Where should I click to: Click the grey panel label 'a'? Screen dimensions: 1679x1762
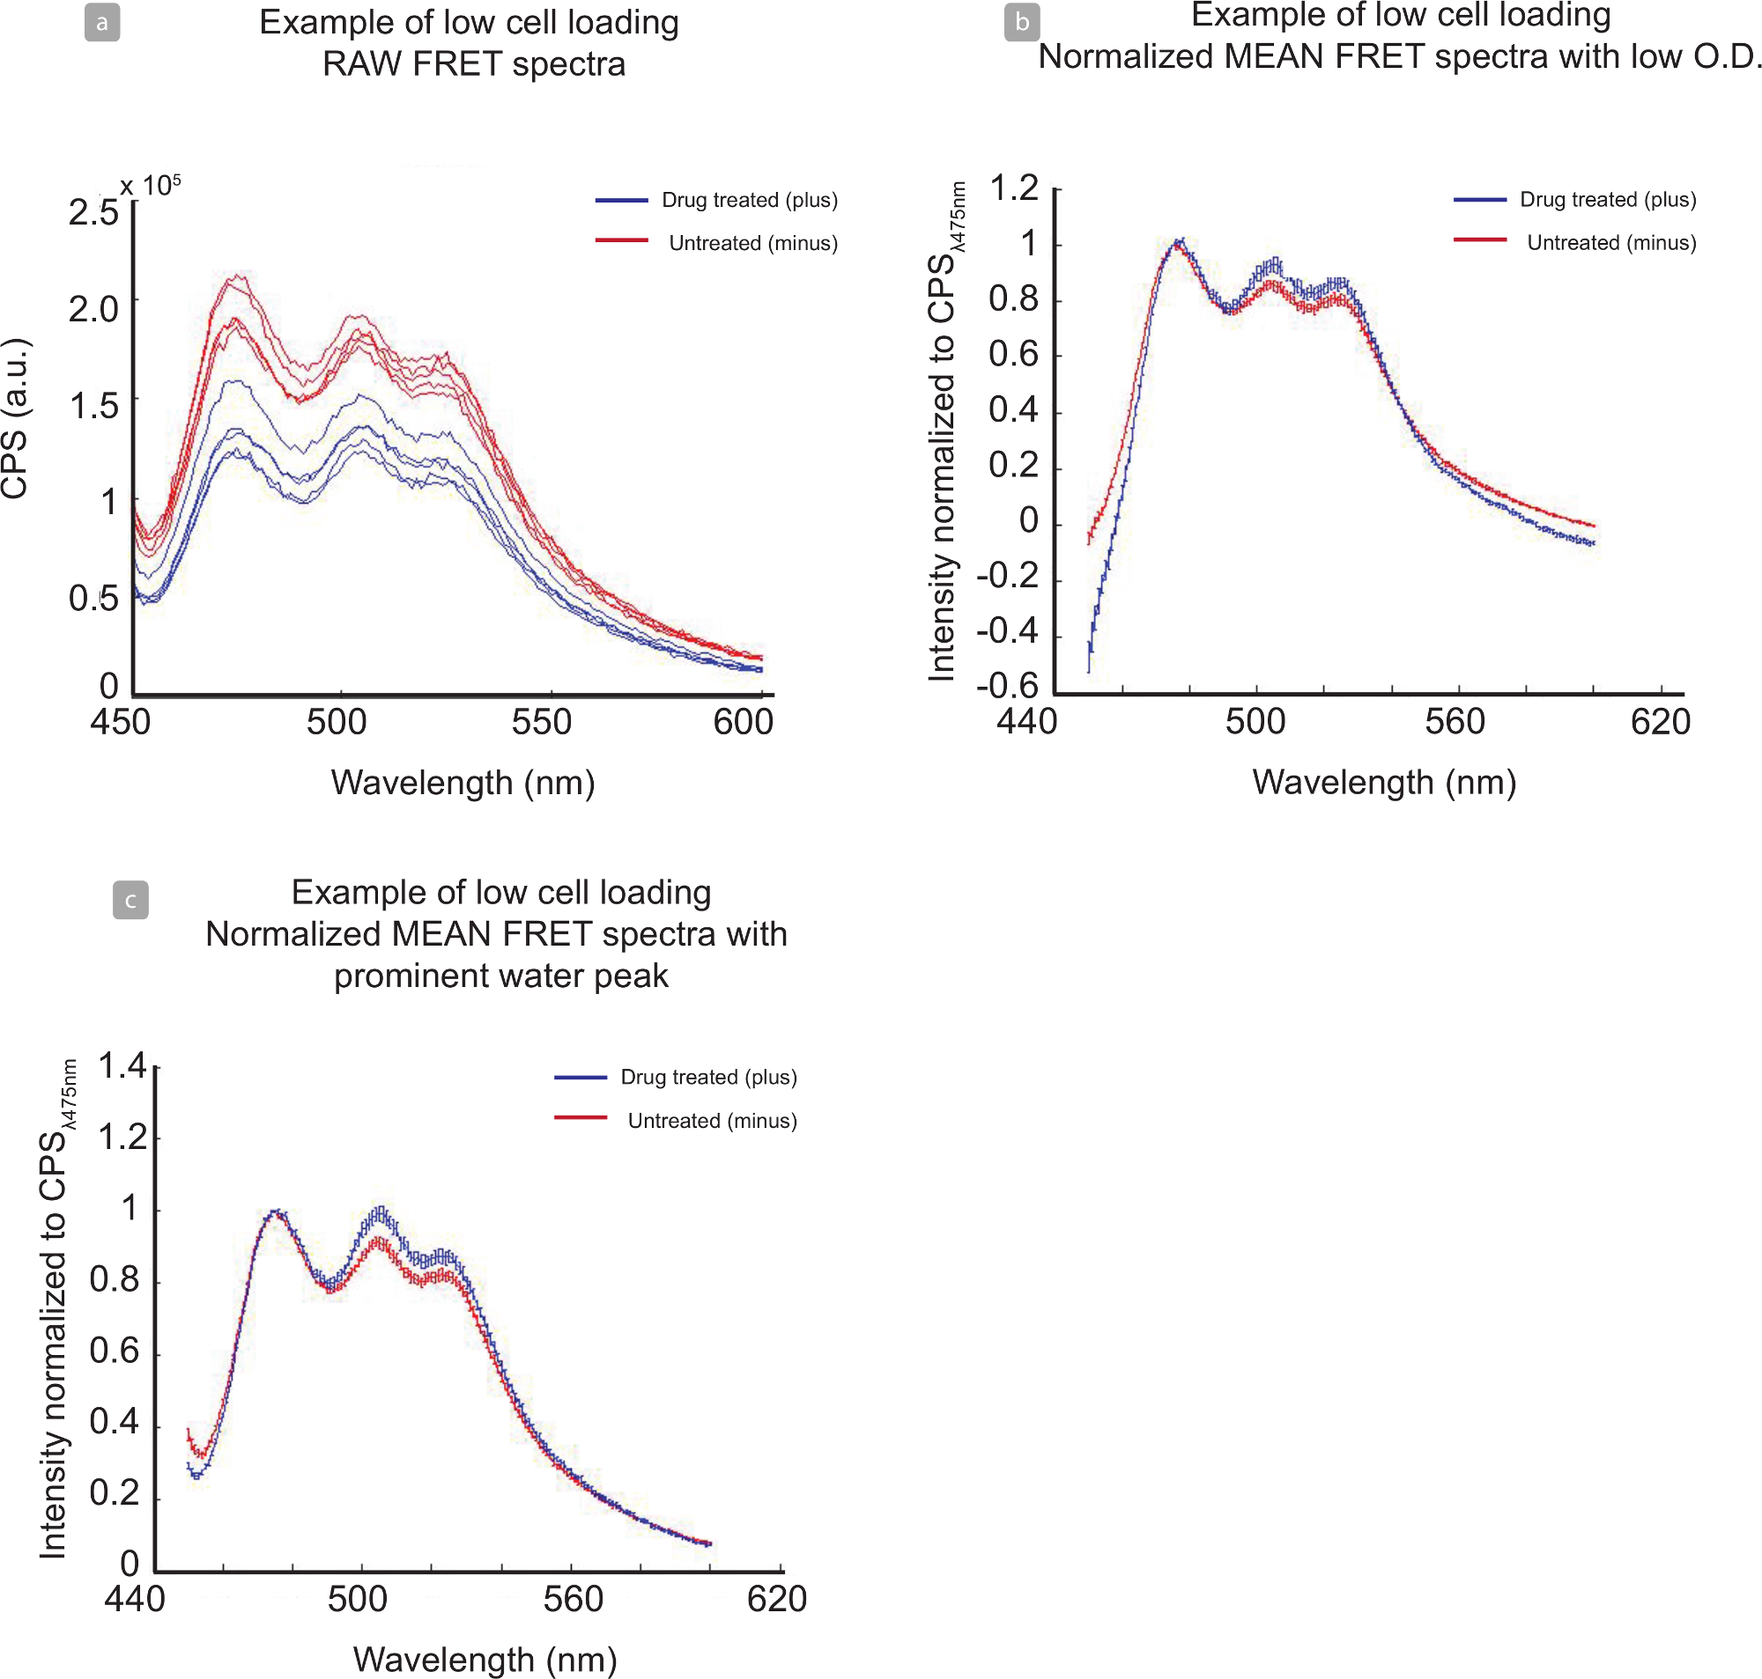(102, 22)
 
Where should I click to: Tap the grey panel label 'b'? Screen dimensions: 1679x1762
(1022, 22)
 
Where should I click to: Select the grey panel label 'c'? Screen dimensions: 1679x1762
(130, 900)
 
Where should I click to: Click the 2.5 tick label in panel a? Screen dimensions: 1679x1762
(93, 213)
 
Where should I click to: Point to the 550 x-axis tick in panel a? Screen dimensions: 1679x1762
(542, 722)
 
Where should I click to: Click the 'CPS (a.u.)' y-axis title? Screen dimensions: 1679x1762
(15, 419)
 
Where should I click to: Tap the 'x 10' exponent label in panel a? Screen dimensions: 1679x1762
(150, 186)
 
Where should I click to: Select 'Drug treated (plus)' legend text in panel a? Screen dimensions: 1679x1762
(750, 200)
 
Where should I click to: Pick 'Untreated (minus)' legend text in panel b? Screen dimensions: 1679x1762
(1610, 242)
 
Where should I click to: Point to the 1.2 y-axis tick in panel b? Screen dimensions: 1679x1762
(1013, 188)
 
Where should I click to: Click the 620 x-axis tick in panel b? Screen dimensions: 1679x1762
(1660, 722)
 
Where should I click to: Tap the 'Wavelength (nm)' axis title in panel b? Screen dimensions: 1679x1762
(1384, 782)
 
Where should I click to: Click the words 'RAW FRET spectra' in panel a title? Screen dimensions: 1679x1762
(474, 64)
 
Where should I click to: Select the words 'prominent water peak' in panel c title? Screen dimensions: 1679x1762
(500, 976)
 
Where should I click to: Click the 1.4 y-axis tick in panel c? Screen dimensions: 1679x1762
(122, 1066)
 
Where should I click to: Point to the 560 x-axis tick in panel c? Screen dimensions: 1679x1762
(573, 1600)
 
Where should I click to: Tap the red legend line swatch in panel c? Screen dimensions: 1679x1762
(581, 1118)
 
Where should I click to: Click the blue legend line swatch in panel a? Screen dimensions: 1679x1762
(621, 201)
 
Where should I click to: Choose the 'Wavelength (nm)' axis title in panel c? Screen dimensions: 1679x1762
(485, 1660)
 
